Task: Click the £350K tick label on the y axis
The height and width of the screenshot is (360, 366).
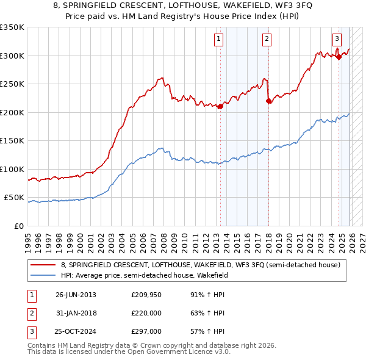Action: coord(12,27)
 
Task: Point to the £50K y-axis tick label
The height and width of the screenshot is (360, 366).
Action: coord(14,198)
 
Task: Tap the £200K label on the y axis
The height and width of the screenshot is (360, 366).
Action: coord(12,112)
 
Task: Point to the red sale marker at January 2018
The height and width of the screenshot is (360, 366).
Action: coord(268,101)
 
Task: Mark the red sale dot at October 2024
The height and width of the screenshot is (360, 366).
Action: coord(339,57)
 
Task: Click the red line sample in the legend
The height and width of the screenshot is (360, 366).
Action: coord(43,265)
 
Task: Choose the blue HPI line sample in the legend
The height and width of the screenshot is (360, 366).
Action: coord(43,275)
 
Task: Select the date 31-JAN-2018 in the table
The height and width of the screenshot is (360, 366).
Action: coord(76,313)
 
